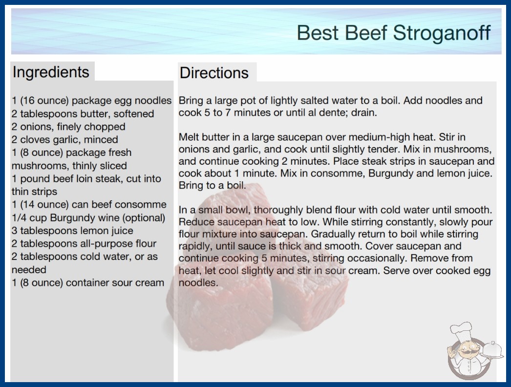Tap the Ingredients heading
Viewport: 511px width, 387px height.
tap(51, 72)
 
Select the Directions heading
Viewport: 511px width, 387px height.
tap(214, 73)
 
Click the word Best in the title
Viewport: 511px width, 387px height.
tap(318, 33)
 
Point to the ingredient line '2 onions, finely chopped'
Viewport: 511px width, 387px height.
tap(68, 127)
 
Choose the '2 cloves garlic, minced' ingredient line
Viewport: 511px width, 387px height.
tap(65, 140)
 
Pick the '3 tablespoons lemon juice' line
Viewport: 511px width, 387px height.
tap(72, 231)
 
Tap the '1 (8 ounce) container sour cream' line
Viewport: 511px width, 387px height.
tap(88, 282)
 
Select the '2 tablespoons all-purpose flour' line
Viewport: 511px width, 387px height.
tap(84, 243)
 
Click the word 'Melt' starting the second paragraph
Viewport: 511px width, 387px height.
tap(188, 137)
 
